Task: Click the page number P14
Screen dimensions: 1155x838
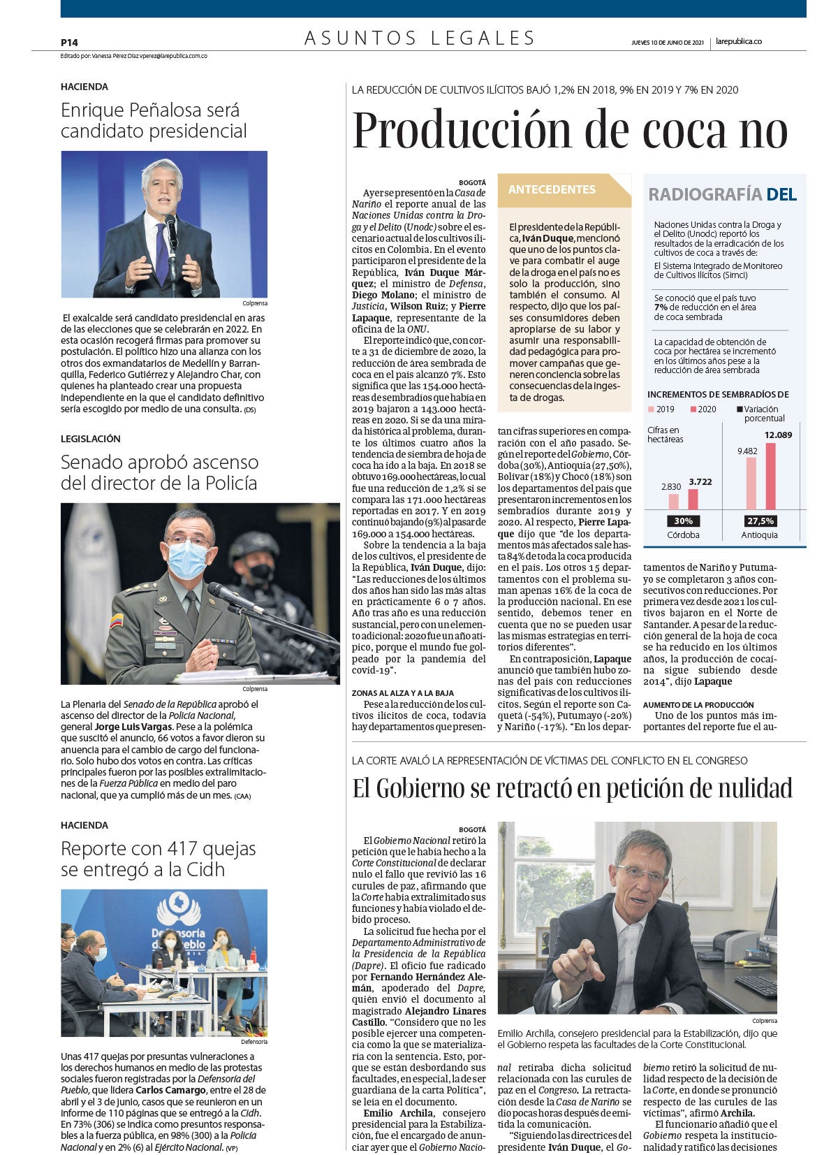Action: tap(69, 43)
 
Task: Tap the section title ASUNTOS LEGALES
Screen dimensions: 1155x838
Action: tap(420, 38)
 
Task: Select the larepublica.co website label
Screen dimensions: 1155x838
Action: tap(739, 41)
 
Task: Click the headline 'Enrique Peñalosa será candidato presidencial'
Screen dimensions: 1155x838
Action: tap(154, 121)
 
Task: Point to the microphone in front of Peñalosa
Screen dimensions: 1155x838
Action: tap(170, 230)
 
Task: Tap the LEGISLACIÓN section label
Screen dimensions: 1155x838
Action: tap(91, 439)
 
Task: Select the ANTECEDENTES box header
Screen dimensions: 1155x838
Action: tap(552, 189)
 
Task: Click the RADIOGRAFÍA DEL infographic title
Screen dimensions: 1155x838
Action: tap(722, 194)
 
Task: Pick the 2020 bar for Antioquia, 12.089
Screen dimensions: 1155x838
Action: tap(770, 475)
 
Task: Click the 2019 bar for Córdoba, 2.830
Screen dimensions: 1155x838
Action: tap(673, 501)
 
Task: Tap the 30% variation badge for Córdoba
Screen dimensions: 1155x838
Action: tap(683, 521)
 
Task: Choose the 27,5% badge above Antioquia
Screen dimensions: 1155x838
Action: tap(760, 521)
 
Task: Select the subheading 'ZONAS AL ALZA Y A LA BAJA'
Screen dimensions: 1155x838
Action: tap(403, 693)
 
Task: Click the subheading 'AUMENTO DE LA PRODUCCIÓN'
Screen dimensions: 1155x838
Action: tap(698, 704)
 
